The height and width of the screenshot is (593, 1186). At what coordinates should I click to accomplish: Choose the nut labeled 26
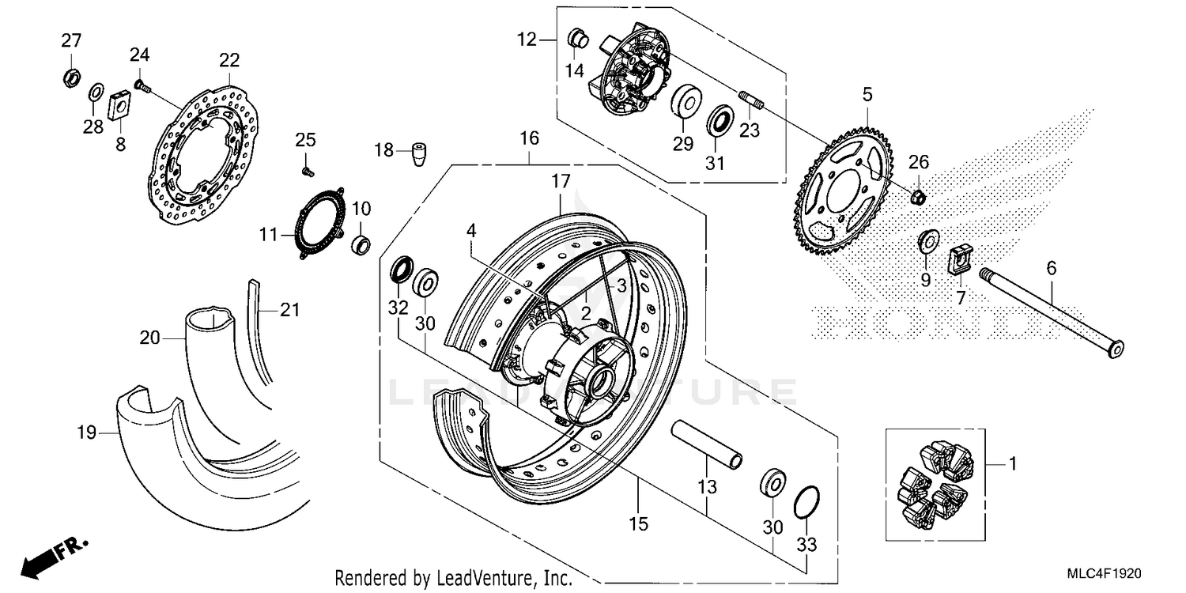click(918, 195)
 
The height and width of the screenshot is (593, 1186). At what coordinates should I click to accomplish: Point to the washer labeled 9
click(927, 240)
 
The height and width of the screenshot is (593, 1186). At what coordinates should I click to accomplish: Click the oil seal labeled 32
click(401, 269)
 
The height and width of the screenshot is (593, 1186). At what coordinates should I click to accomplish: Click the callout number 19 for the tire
click(86, 432)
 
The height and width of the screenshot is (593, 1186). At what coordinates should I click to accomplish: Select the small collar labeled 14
click(577, 37)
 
